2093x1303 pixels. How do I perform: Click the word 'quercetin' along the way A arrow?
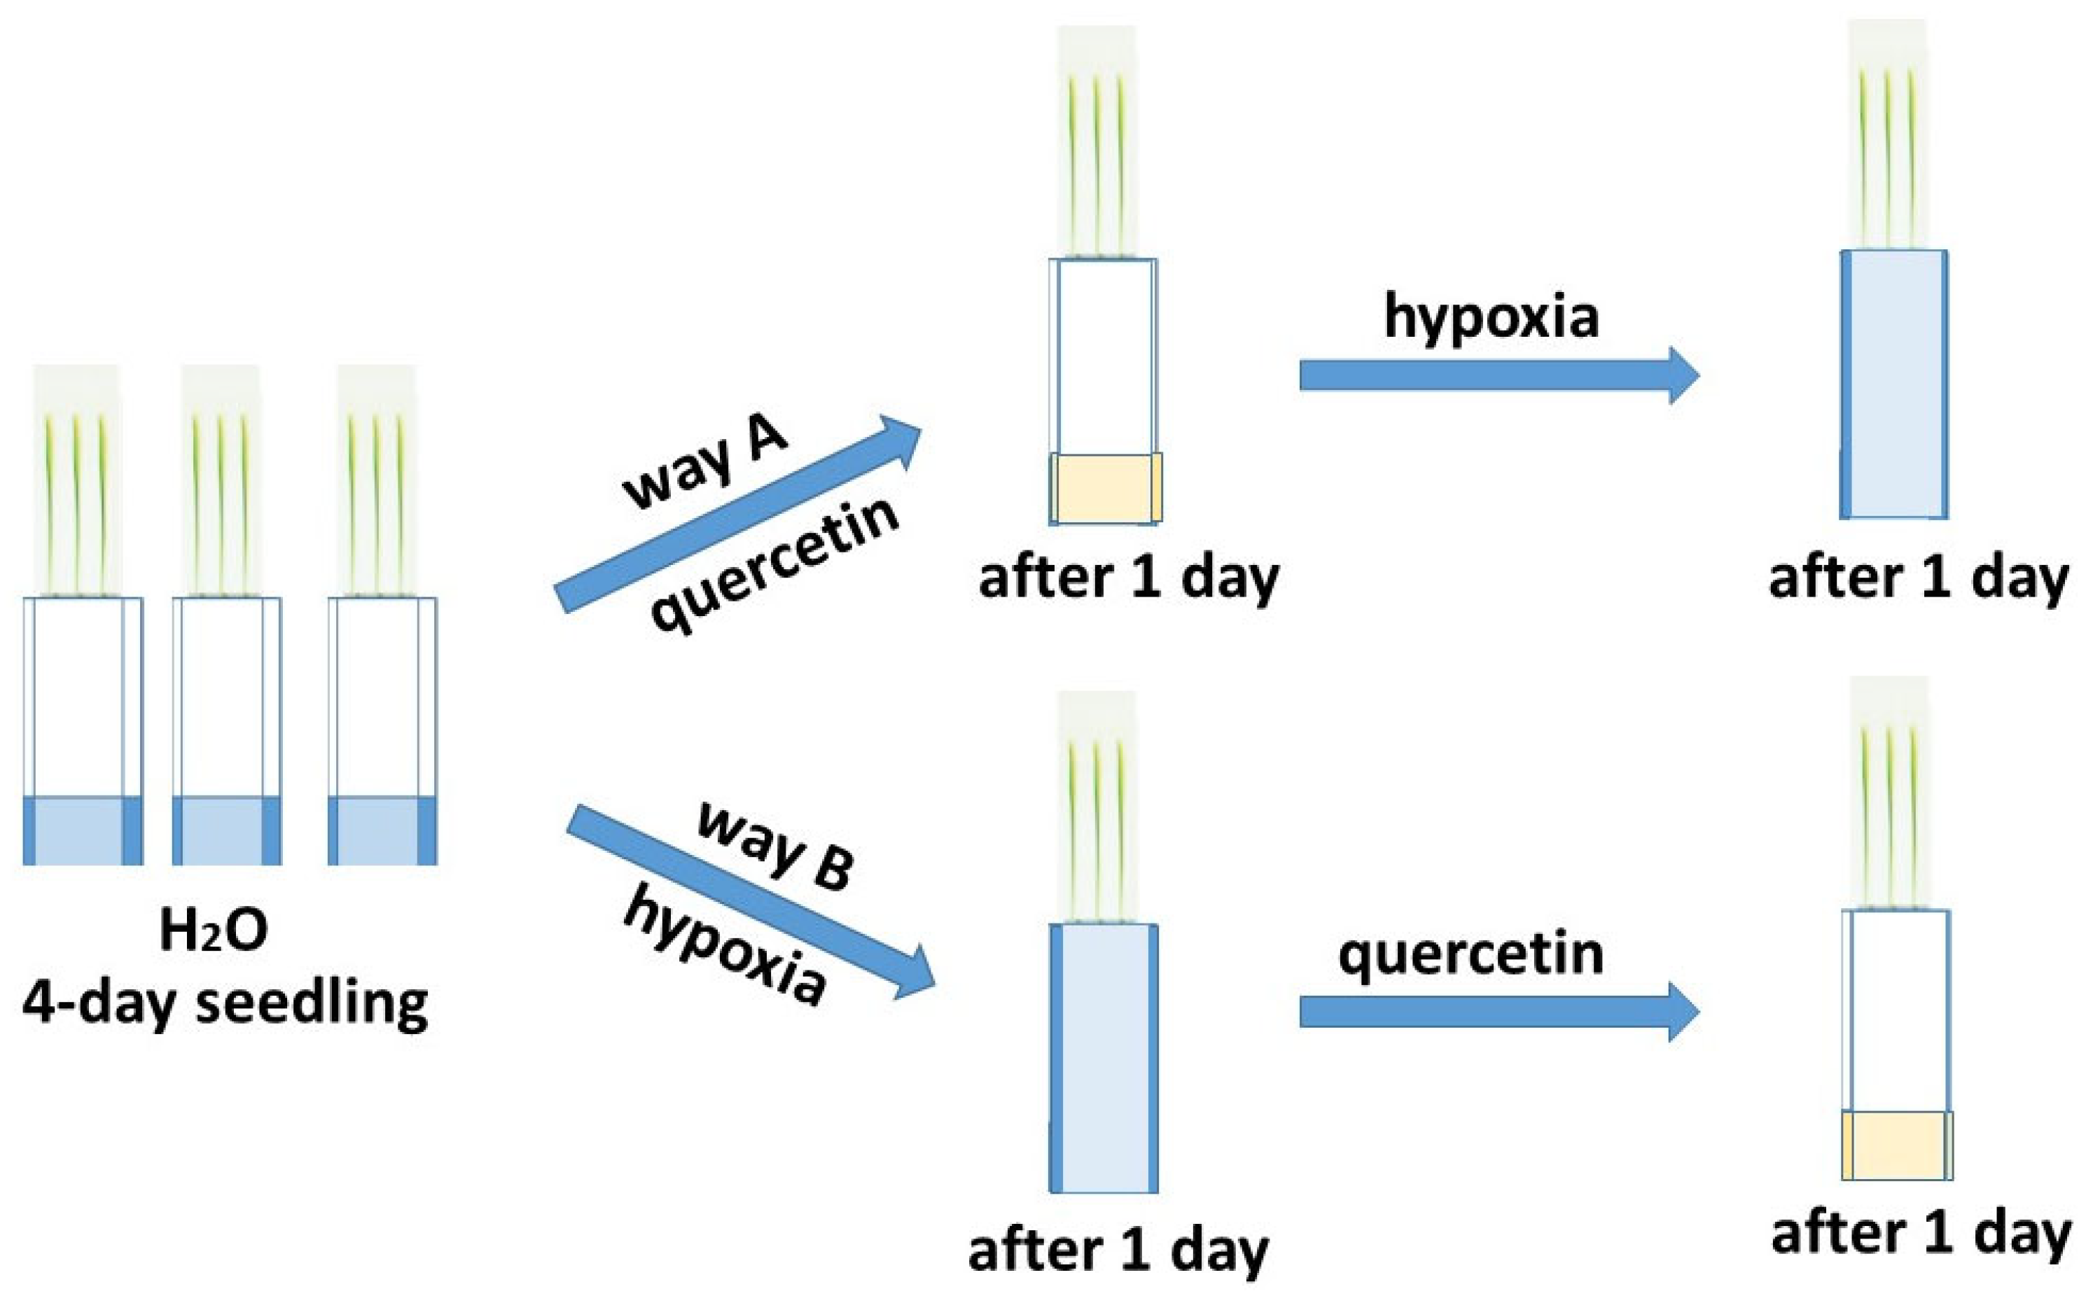[775, 565]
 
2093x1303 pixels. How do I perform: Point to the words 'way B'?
[774, 845]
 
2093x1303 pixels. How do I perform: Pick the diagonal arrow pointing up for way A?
[737, 515]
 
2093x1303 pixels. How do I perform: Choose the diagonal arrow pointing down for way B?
[750, 900]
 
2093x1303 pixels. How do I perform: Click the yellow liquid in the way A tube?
[1106, 489]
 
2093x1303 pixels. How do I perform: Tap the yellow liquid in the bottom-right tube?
[1896, 1145]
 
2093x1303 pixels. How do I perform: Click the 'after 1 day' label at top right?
[1918, 578]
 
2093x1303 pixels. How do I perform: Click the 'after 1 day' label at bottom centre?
[1118, 1250]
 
